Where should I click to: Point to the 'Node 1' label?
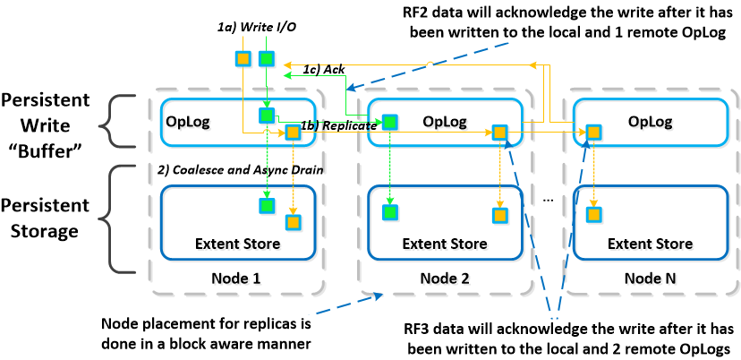coord(235,279)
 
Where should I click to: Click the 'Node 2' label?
coord(444,279)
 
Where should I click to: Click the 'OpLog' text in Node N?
coord(651,120)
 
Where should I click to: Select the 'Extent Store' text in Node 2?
coord(444,244)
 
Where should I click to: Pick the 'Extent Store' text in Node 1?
coord(237,244)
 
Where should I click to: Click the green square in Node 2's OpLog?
coord(390,122)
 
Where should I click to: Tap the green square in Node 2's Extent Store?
coord(390,212)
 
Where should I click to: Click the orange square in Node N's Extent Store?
coord(592,215)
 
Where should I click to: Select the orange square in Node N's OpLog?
coord(592,133)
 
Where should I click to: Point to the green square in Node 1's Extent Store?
coord(266,206)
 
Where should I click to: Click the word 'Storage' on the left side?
coord(48,233)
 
